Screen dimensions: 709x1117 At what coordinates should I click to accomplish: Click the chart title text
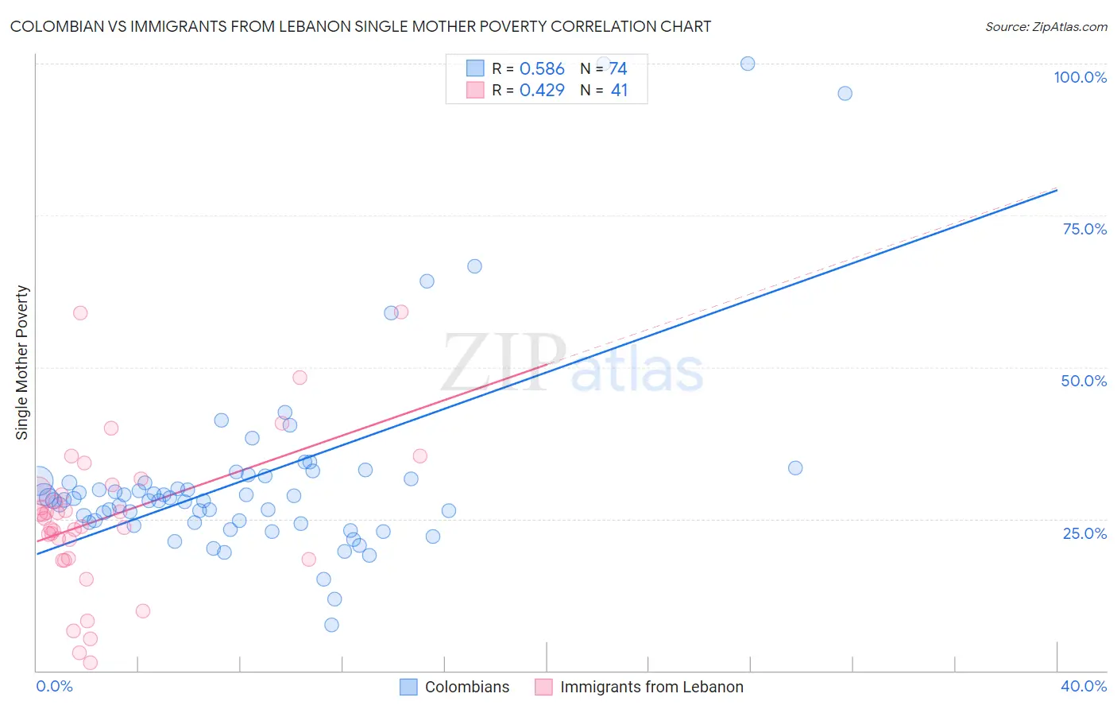(361, 26)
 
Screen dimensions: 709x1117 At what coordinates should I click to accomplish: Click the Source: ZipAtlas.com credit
(1045, 26)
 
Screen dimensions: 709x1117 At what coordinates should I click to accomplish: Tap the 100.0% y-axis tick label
(1080, 77)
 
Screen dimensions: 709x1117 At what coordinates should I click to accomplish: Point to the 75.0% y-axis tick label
(1084, 229)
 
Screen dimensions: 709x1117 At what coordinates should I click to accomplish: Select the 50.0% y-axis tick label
(1084, 381)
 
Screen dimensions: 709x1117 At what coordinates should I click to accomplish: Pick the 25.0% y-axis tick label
(1084, 533)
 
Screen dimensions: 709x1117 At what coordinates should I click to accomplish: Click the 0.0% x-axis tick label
(54, 686)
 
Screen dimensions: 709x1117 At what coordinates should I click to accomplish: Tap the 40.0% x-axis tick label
(1083, 686)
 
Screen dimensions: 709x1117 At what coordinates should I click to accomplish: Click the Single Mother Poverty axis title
(22, 362)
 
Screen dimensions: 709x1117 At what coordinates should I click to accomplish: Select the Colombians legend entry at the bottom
(466, 687)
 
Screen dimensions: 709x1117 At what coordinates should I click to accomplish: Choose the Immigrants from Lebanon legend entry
(651, 687)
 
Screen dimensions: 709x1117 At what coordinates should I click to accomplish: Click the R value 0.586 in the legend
(542, 69)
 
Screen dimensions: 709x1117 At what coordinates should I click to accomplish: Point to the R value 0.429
(542, 91)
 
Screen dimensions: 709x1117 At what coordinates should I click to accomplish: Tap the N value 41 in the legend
(619, 91)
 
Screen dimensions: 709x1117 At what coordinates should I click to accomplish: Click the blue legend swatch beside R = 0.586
(475, 68)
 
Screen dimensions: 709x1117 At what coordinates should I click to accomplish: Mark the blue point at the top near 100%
(748, 64)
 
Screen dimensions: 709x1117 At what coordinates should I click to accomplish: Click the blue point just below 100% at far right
(845, 93)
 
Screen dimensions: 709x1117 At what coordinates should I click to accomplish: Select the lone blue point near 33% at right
(795, 468)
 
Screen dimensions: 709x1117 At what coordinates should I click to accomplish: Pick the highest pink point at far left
(80, 313)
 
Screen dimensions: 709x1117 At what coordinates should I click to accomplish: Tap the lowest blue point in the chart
(332, 625)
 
